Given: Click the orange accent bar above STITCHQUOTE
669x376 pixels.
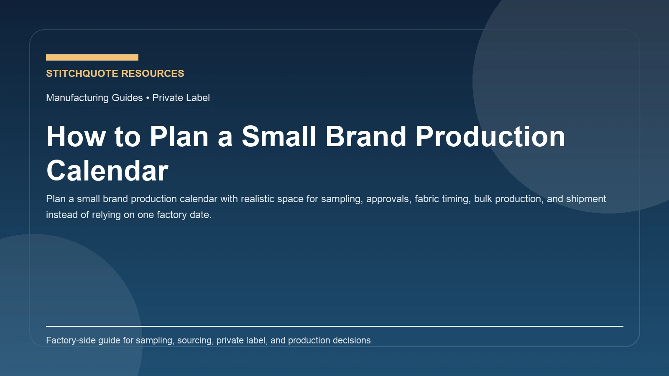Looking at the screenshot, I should [x=92, y=57].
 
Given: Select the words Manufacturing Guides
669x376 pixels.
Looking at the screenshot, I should [x=94, y=98].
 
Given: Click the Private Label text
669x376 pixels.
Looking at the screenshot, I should [x=181, y=98].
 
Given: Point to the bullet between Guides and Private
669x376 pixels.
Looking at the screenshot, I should [x=148, y=98].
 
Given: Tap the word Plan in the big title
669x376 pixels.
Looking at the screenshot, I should [x=179, y=137].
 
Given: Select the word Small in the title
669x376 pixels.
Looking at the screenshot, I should [x=279, y=137].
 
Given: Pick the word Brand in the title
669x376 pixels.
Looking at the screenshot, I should [x=366, y=137].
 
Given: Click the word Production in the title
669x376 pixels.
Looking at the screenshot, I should [x=490, y=137].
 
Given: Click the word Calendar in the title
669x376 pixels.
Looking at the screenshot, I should [x=107, y=171].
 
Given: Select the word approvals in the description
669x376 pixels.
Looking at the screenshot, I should [x=388, y=199].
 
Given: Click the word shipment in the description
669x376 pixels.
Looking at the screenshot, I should [x=586, y=199].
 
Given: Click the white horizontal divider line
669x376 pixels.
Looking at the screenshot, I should [x=334, y=326].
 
